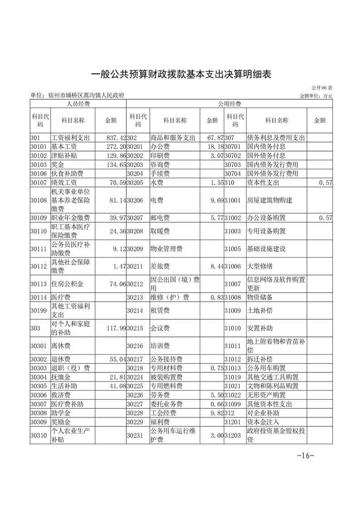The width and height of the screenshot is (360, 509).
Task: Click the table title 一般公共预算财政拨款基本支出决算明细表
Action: [181, 74]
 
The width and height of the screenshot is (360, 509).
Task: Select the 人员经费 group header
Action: [78, 104]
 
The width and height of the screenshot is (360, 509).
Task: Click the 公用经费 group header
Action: [229, 104]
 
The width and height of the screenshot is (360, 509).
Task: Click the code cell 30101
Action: [39, 147]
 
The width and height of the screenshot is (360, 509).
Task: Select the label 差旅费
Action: [160, 266]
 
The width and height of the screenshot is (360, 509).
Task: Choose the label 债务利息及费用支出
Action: [276, 137]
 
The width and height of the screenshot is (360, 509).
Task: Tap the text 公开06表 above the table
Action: [322, 88]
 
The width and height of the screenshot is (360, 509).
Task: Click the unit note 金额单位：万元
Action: [316, 96]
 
